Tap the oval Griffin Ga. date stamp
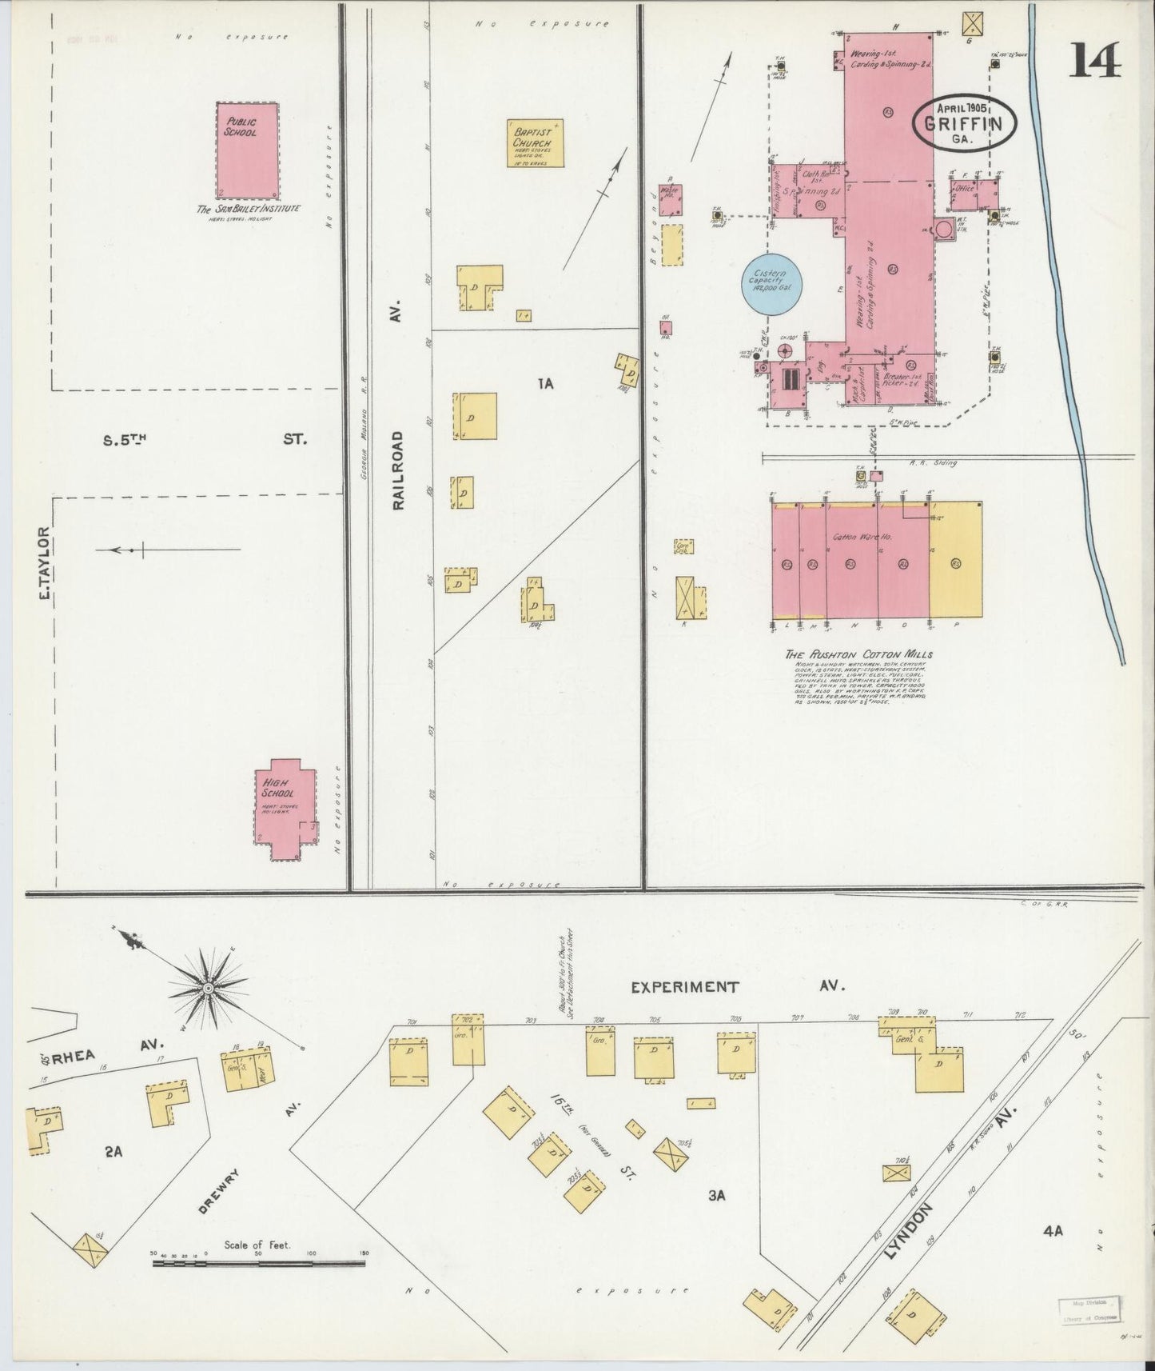[965, 123]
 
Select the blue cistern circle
[772, 285]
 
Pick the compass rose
[207, 989]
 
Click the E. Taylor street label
[45, 563]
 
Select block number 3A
[715, 1195]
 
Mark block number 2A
[113, 1151]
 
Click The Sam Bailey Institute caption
[249, 209]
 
